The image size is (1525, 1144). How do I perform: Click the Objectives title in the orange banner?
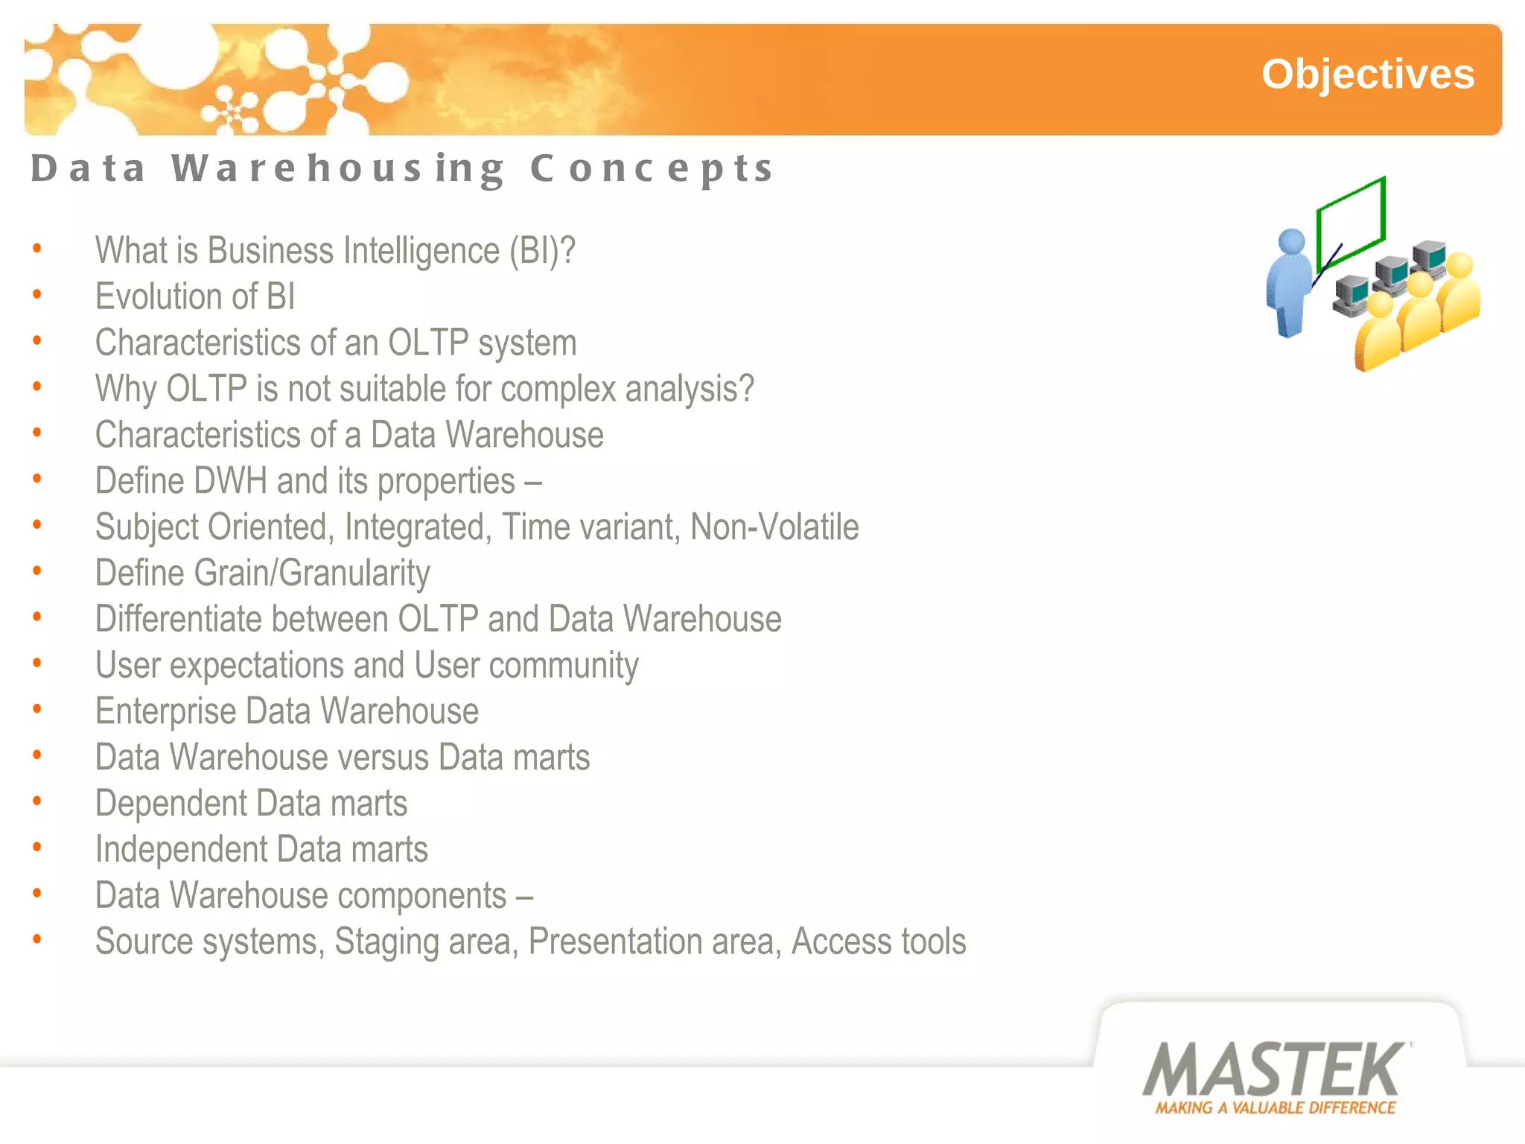click(x=1367, y=74)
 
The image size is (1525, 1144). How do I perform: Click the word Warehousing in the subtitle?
click(x=339, y=168)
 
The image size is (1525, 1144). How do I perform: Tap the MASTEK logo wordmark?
click(x=1273, y=1070)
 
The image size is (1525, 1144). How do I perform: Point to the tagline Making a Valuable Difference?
click(x=1275, y=1108)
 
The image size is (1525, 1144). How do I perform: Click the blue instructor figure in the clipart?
click(x=1290, y=283)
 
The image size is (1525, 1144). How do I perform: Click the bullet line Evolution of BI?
click(x=195, y=296)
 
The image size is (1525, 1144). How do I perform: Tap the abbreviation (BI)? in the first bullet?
click(x=542, y=250)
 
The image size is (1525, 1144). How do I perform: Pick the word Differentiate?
click(x=178, y=620)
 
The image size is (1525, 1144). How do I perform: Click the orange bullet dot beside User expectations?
click(x=37, y=663)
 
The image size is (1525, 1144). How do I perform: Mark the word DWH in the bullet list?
click(x=229, y=481)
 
